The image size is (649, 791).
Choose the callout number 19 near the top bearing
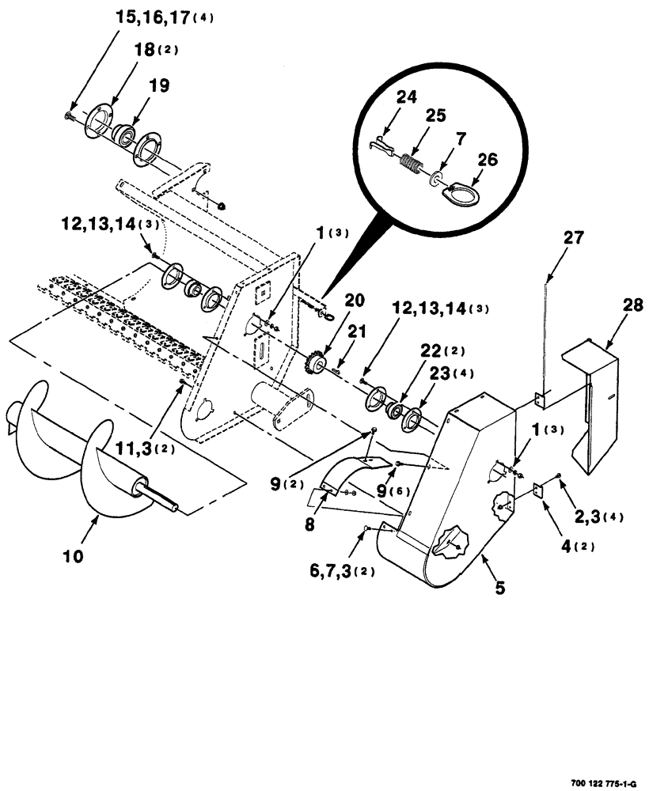(x=158, y=86)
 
